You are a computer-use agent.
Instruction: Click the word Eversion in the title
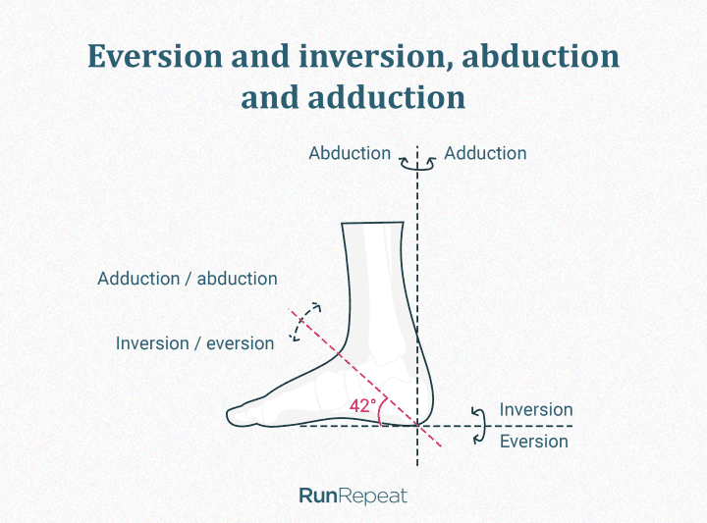155,56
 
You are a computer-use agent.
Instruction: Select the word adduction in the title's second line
387,97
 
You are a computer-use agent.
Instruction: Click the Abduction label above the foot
350,153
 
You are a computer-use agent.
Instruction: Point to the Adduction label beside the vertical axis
485,153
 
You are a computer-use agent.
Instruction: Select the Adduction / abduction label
188,279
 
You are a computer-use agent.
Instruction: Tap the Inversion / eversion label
194,343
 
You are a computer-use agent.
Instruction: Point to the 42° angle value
362,406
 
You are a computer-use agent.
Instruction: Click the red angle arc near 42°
381,410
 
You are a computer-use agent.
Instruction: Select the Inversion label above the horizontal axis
536,409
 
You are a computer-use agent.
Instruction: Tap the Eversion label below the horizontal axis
534,441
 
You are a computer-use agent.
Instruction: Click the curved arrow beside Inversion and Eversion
480,426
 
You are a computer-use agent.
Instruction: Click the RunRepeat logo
353,496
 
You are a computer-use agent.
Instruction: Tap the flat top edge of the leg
372,223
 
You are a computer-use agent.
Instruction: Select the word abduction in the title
541,56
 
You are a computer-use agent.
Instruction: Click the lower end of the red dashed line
442,446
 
